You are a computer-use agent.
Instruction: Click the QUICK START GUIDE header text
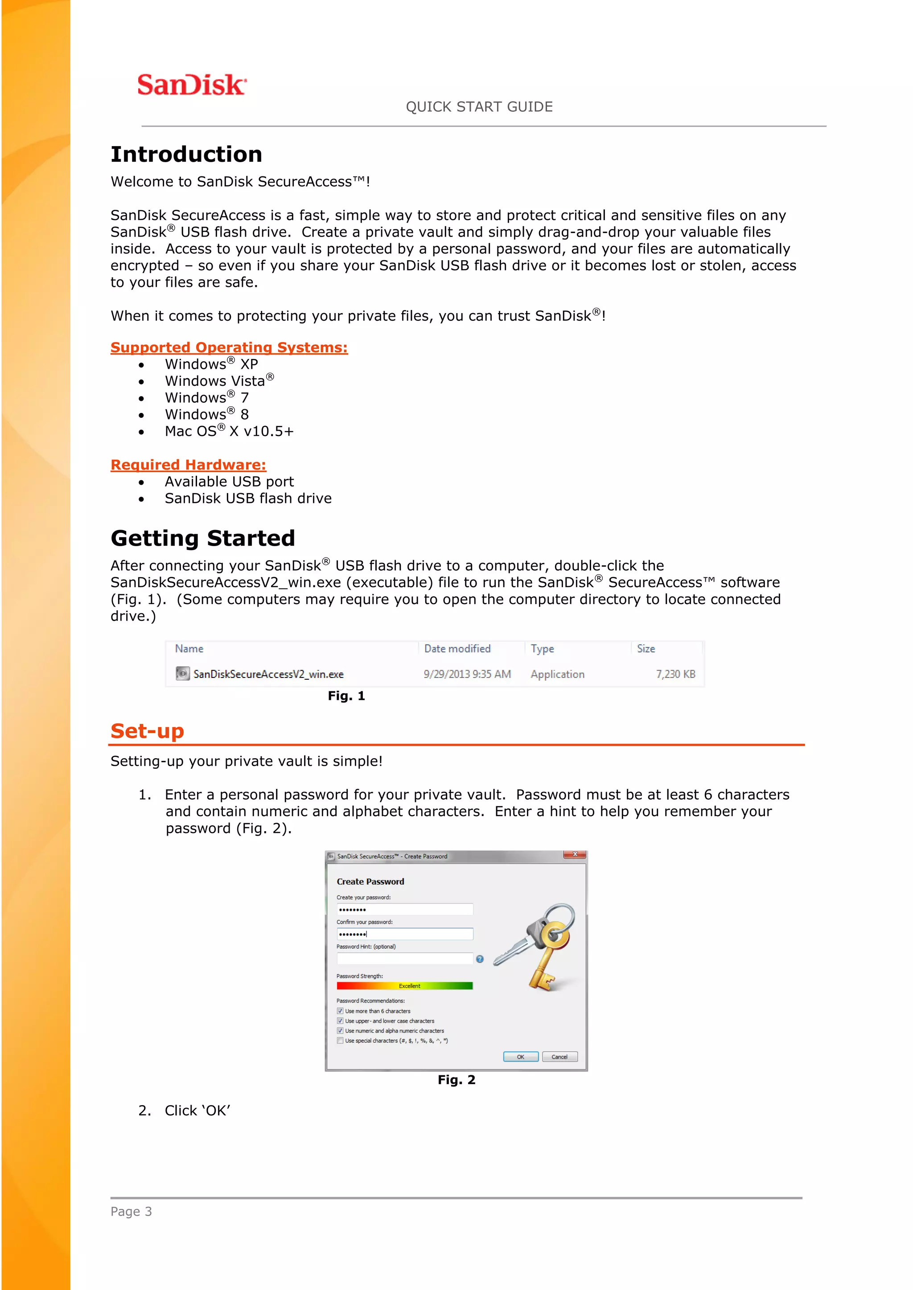click(x=479, y=107)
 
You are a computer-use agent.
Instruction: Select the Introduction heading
click(x=186, y=155)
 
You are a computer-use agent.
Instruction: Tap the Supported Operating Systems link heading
click(x=229, y=347)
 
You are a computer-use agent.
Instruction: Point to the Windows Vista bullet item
click(x=219, y=381)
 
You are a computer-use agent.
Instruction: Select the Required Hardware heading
click(x=188, y=465)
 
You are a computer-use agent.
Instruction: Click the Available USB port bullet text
click(x=229, y=482)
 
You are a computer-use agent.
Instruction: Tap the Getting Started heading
click(x=202, y=538)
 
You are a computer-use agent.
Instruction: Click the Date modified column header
click(x=457, y=649)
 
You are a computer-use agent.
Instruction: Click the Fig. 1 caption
click(x=346, y=696)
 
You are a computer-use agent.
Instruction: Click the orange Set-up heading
click(x=147, y=731)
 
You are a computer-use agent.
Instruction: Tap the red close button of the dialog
click(x=575, y=854)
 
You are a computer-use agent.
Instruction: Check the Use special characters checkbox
click(x=340, y=1041)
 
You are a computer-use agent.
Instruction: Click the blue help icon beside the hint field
click(x=480, y=959)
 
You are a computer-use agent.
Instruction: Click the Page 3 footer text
click(x=131, y=1211)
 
